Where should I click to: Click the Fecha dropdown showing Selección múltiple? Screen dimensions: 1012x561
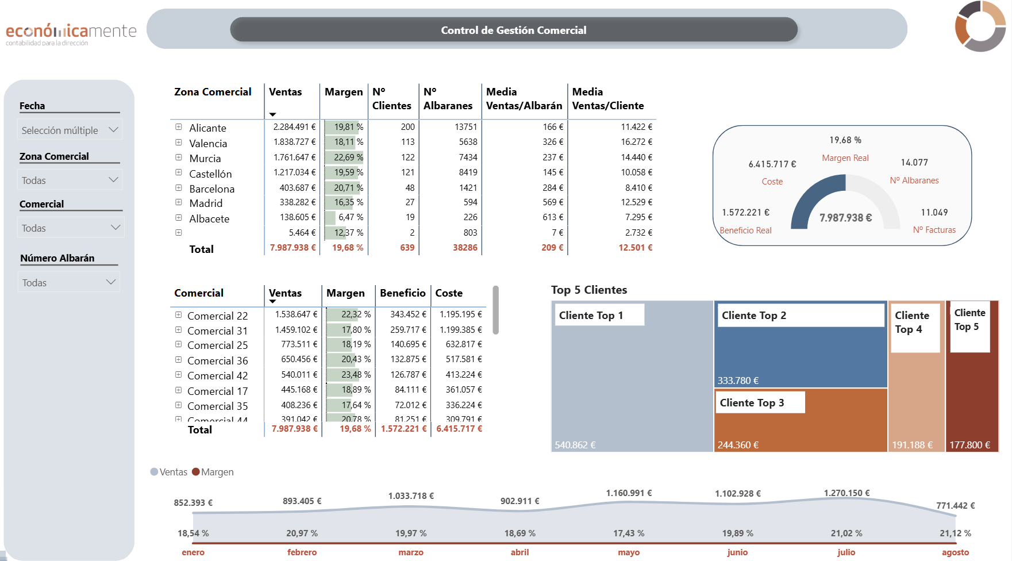coord(70,130)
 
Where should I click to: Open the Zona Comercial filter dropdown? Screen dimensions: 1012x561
coord(70,180)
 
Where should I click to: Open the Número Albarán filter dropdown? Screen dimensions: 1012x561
coord(69,282)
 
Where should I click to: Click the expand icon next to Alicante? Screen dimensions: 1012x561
coord(179,127)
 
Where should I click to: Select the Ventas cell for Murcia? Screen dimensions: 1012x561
coord(294,157)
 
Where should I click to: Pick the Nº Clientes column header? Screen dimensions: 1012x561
coord(392,98)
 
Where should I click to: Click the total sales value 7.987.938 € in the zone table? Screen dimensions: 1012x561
coord(293,248)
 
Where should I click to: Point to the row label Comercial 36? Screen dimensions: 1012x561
coord(218,360)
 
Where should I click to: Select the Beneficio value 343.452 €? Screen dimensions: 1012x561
coord(409,314)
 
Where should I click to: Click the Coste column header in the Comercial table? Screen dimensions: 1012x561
coord(449,293)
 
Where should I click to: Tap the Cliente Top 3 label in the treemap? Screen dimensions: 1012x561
coord(752,402)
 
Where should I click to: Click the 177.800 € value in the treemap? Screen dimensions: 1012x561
coord(969,445)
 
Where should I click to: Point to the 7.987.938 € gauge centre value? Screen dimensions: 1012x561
coord(845,218)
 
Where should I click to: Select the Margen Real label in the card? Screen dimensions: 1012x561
coord(845,158)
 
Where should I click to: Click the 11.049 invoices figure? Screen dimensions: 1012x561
coord(934,213)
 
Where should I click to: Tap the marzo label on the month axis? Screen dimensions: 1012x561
coord(411,552)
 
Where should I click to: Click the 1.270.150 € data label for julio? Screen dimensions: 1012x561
coord(846,493)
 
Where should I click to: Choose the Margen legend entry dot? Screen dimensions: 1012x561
coord(196,472)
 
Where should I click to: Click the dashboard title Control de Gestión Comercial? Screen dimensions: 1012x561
coord(514,30)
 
